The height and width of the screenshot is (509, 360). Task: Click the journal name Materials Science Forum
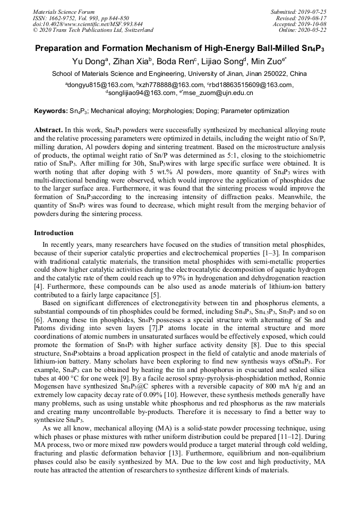[64, 12]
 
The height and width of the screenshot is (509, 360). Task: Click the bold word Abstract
[48, 130]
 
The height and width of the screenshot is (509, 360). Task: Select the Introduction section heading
[54, 233]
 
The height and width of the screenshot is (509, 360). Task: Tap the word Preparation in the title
[59, 48]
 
